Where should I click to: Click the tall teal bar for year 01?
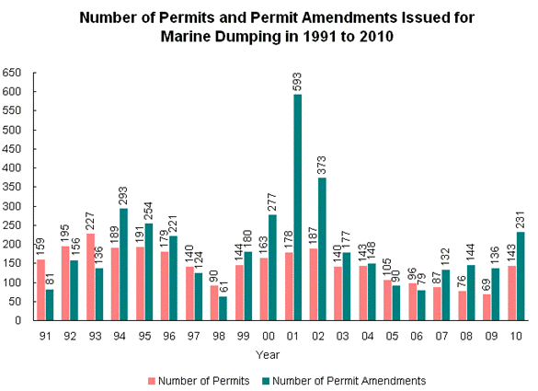click(296, 207)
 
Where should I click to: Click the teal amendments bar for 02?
click(321, 248)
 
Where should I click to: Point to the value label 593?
click(296, 81)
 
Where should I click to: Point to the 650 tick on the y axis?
click(12, 73)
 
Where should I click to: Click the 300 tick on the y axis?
click(12, 206)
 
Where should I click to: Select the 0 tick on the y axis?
click(19, 321)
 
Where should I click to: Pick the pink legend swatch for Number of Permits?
click(151, 378)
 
